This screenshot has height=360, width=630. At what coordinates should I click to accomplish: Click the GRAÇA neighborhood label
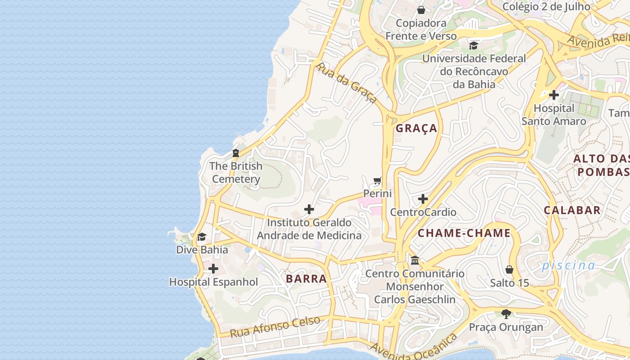click(x=416, y=128)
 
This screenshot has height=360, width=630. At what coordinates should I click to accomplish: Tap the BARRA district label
click(x=306, y=279)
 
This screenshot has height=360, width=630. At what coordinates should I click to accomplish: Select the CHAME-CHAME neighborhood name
click(x=464, y=233)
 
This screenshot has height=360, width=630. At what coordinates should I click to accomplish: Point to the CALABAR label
click(x=572, y=210)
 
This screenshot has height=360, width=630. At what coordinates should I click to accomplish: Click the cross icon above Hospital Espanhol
click(x=213, y=269)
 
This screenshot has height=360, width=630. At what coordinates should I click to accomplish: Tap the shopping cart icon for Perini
click(x=378, y=181)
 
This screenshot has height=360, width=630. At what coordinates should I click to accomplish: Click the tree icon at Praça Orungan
click(x=506, y=314)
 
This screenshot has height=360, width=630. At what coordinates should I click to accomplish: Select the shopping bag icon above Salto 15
click(x=509, y=270)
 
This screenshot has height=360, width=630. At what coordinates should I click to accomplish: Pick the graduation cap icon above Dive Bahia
click(x=202, y=237)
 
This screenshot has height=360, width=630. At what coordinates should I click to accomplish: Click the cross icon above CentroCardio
click(x=423, y=199)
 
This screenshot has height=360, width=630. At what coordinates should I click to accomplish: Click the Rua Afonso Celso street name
click(x=275, y=327)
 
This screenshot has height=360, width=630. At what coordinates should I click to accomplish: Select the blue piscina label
click(x=568, y=265)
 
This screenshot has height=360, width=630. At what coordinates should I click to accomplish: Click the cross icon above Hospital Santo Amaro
click(x=554, y=95)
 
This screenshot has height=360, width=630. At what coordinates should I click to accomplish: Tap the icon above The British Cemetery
click(x=236, y=153)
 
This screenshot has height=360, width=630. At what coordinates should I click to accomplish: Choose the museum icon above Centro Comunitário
click(x=415, y=260)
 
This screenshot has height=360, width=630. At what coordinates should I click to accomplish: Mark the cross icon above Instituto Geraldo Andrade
click(x=309, y=209)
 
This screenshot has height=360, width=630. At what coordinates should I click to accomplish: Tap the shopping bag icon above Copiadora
click(x=421, y=9)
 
